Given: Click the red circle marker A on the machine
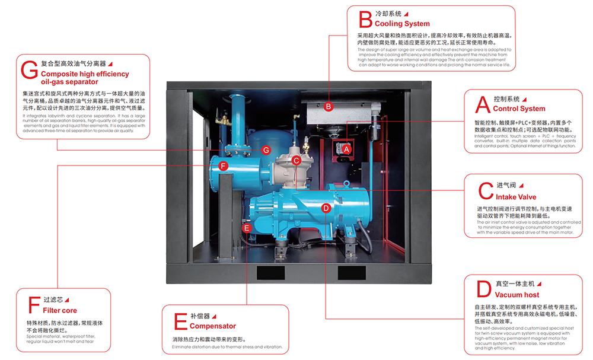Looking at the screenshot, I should pyautogui.click(x=346, y=150).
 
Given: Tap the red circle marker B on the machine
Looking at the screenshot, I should pyautogui.click(x=328, y=107).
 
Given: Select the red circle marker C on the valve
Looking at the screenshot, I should pyautogui.click(x=296, y=160).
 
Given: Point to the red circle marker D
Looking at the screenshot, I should pyautogui.click(x=326, y=208).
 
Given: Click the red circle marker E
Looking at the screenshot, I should pyautogui.click(x=247, y=227).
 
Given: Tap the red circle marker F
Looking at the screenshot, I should pyautogui.click(x=223, y=166).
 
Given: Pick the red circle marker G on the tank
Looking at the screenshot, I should pyautogui.click(x=266, y=150).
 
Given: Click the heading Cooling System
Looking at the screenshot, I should pyautogui.click(x=402, y=24).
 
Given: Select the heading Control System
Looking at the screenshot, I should pyautogui.click(x=519, y=109).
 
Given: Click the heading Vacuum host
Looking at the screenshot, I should pyautogui.click(x=517, y=295).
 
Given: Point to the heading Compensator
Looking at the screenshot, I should pyautogui.click(x=213, y=326).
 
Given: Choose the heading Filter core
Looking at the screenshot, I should pyautogui.click(x=60, y=310).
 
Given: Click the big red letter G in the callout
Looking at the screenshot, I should pyautogui.click(x=29, y=70).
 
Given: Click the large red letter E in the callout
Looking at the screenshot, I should pyautogui.click(x=180, y=321).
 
